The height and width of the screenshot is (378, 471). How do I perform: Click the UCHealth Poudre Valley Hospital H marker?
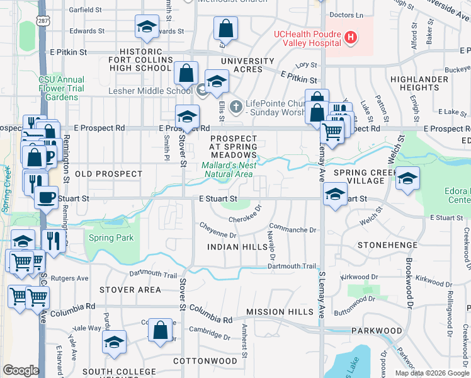click(x=351, y=38)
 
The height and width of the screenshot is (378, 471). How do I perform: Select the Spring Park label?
click(x=111, y=238)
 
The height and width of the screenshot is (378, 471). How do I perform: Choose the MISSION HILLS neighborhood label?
click(x=280, y=312)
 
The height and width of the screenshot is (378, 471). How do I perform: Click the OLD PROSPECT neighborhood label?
click(x=99, y=173)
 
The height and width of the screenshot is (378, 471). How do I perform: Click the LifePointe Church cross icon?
click(x=236, y=106)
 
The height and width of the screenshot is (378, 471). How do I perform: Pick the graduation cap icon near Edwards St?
click(x=146, y=27)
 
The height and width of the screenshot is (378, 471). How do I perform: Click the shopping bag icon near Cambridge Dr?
click(x=161, y=329)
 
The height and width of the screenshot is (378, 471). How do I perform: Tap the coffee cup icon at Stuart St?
click(x=45, y=197)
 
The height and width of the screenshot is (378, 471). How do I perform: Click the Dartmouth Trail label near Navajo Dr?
click(x=292, y=266)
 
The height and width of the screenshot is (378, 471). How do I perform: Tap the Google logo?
click(x=21, y=370)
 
